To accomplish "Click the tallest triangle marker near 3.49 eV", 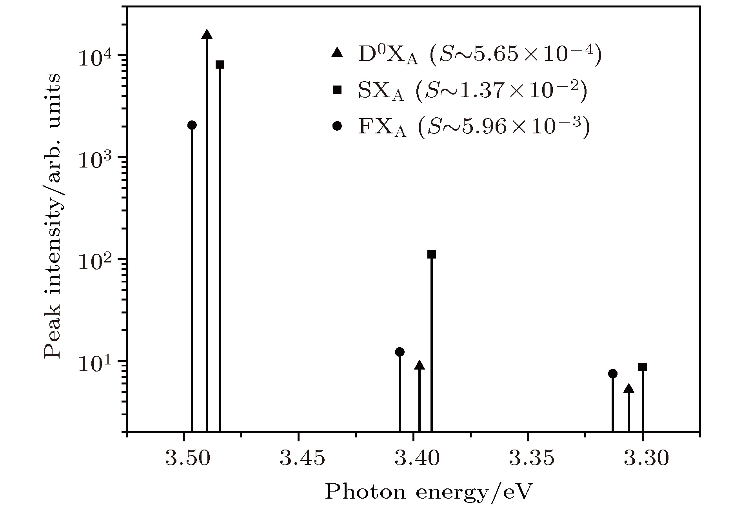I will [x=207, y=35].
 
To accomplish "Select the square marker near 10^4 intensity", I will [x=220, y=65].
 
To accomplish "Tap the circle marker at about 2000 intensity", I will [x=192, y=125].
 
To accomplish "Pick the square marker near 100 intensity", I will [x=432, y=255].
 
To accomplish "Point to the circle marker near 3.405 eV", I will [x=400, y=352].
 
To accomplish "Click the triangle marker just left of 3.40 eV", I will [x=420, y=366].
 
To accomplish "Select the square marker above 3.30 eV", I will [x=643, y=367].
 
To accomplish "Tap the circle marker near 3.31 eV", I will [x=613, y=374].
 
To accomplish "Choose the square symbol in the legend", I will [x=337, y=90].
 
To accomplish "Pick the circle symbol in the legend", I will [x=337, y=126].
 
